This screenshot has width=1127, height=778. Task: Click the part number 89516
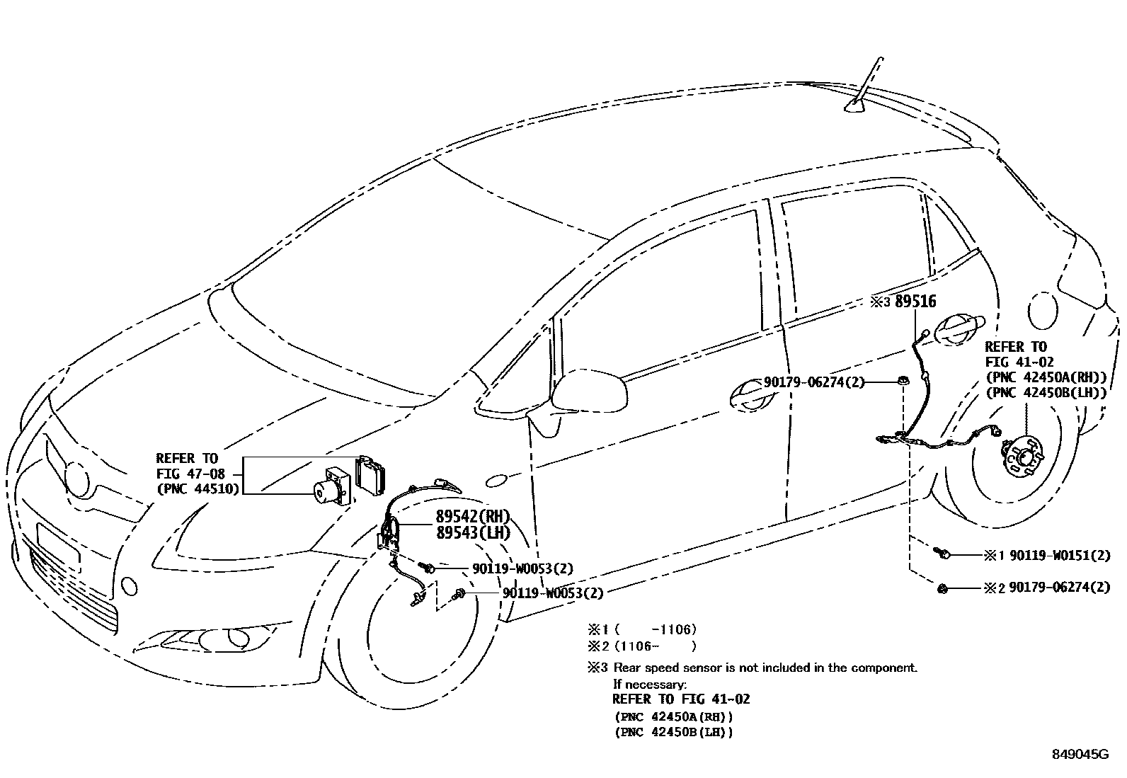915,302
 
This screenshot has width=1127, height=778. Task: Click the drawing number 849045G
1079,755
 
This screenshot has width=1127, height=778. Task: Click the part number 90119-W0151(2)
1060,556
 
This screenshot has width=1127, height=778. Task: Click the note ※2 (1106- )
641,646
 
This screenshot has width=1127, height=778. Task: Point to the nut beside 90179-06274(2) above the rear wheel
904,382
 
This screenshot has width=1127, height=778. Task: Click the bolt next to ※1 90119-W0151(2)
942,554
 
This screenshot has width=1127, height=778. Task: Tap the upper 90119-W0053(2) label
522,568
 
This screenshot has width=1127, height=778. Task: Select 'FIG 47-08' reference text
190,474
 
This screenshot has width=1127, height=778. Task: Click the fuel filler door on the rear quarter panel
1039,311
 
